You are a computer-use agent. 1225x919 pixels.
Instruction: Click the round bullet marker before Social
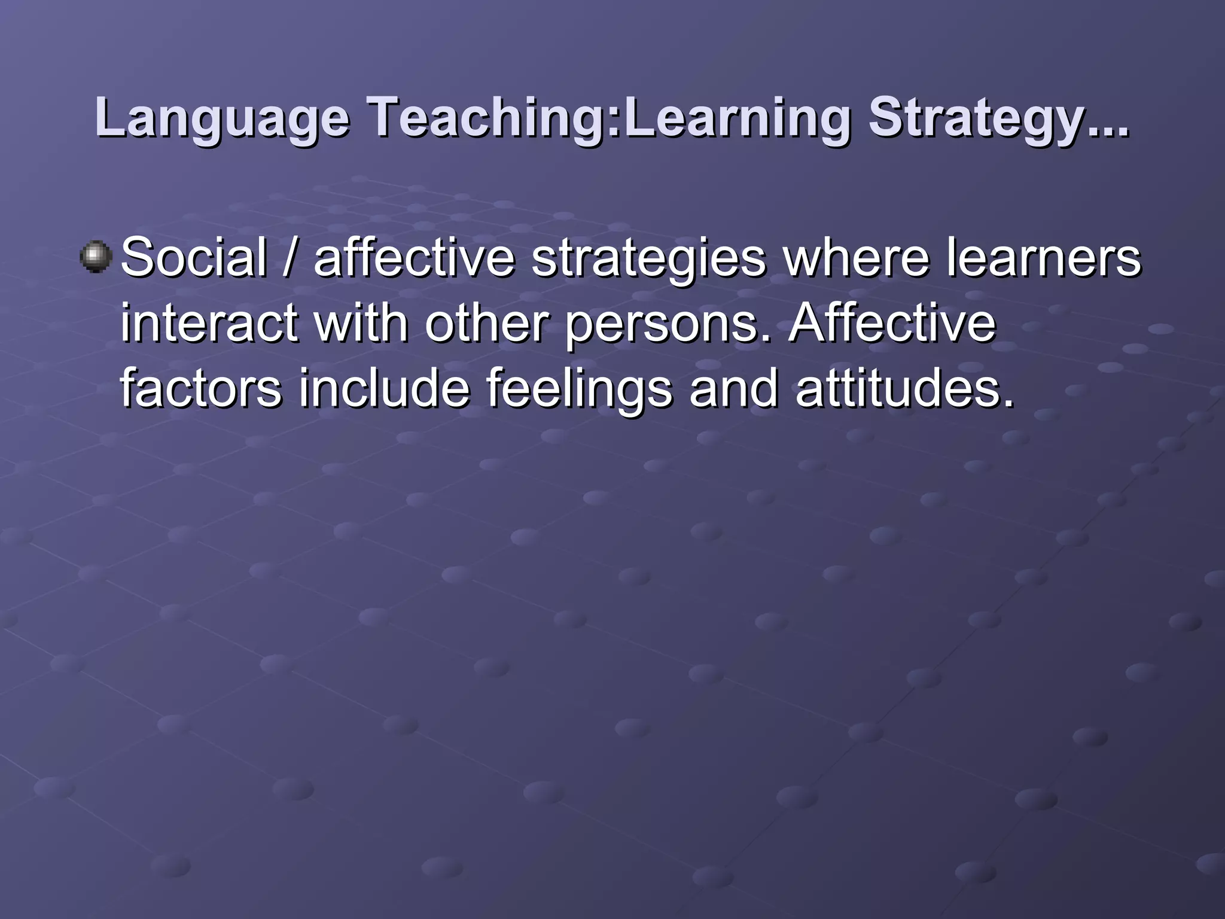pyautogui.click(x=96, y=257)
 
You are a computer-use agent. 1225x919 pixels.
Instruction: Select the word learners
pyautogui.click(x=1043, y=257)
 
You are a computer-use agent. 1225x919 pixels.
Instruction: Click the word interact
pyautogui.click(x=209, y=323)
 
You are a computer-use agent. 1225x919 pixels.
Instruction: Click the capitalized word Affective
pyautogui.click(x=891, y=323)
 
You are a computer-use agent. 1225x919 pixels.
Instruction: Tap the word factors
pyautogui.click(x=201, y=389)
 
